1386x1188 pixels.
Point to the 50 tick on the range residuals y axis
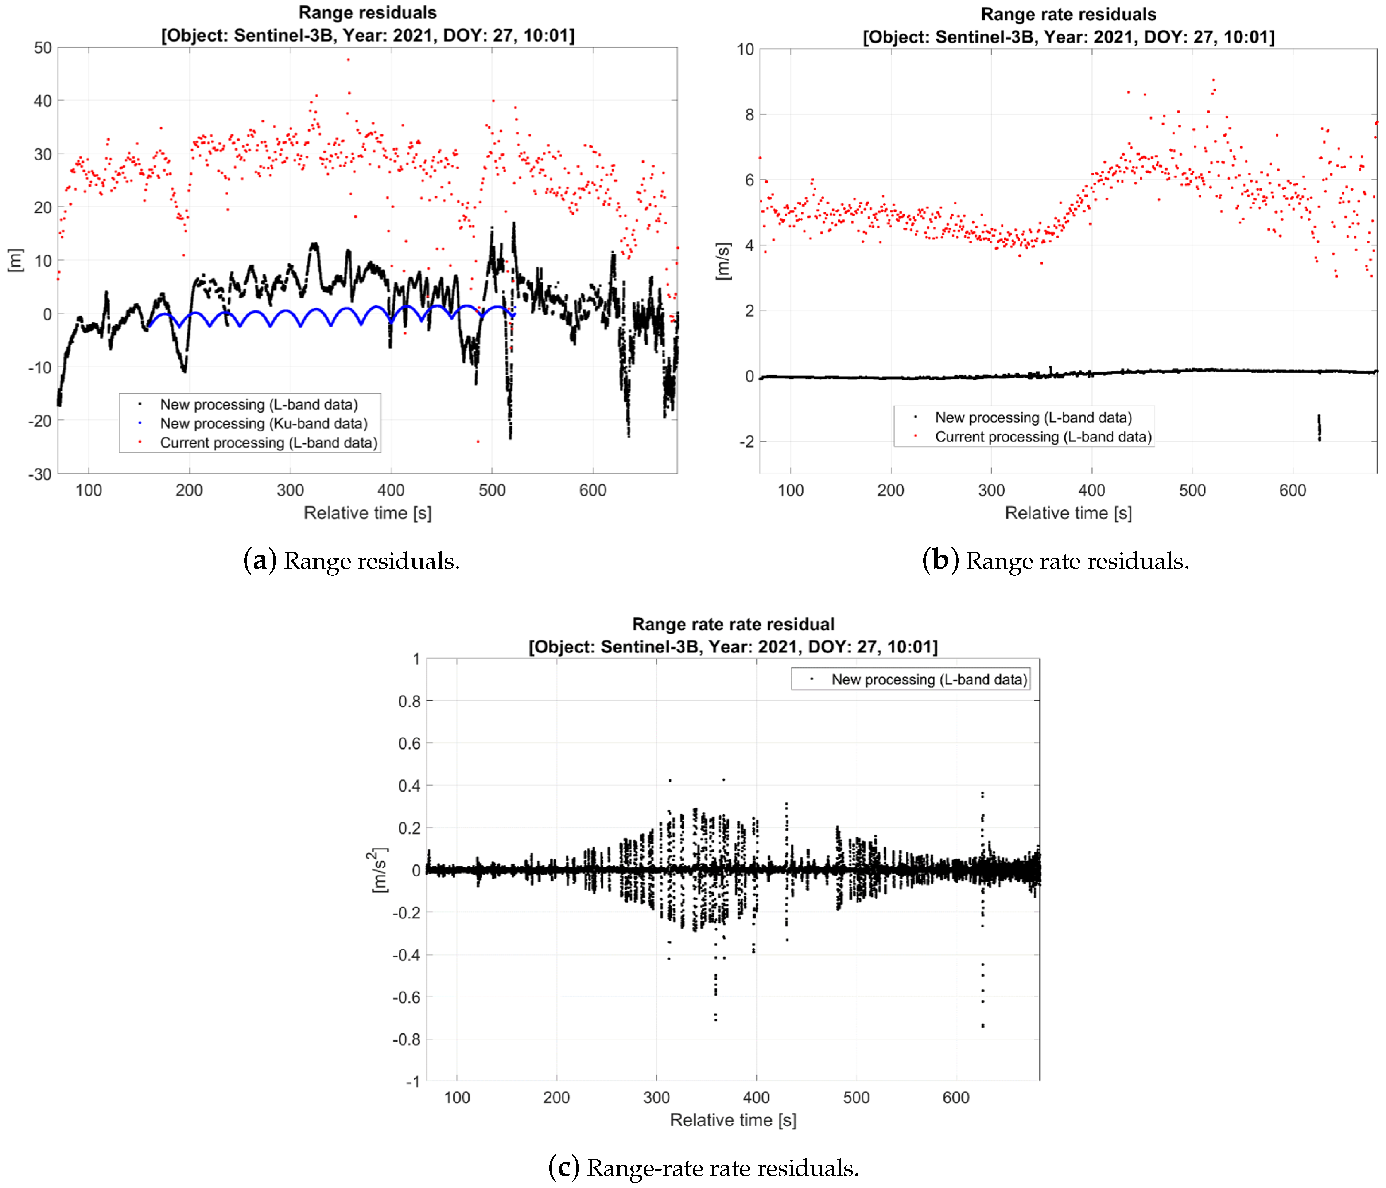pos(43,47)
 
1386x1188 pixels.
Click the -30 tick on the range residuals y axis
pos(40,474)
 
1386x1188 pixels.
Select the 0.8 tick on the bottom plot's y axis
pos(409,701)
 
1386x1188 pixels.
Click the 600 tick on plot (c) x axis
pos(955,1098)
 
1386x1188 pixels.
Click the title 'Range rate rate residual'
pos(733,624)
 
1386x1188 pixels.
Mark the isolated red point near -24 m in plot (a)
pos(478,441)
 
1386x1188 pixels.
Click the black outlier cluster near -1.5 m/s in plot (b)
pos(1319,428)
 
